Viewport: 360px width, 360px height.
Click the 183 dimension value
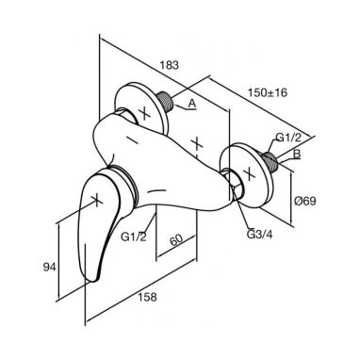(x=170, y=65)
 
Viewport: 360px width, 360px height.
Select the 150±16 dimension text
(x=268, y=92)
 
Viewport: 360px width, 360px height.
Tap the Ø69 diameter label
(x=305, y=201)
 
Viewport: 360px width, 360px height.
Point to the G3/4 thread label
(x=259, y=235)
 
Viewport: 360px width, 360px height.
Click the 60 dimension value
(x=176, y=240)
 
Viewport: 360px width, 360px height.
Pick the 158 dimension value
(x=147, y=297)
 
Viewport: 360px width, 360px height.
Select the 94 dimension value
(x=49, y=267)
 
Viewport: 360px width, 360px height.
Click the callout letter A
(x=192, y=103)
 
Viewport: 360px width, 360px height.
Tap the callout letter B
(x=297, y=155)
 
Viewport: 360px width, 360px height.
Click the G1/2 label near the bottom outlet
(x=134, y=237)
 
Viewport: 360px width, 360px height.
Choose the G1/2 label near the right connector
(x=288, y=138)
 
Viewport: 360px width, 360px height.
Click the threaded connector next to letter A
(x=166, y=101)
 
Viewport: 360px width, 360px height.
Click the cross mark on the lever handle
(x=97, y=200)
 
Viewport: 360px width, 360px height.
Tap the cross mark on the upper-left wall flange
(x=145, y=113)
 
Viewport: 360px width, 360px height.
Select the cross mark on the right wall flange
(x=249, y=173)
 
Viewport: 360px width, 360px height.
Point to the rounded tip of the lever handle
(x=93, y=278)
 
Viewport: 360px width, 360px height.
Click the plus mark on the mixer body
(x=197, y=143)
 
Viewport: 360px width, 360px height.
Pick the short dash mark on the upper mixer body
(x=133, y=139)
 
